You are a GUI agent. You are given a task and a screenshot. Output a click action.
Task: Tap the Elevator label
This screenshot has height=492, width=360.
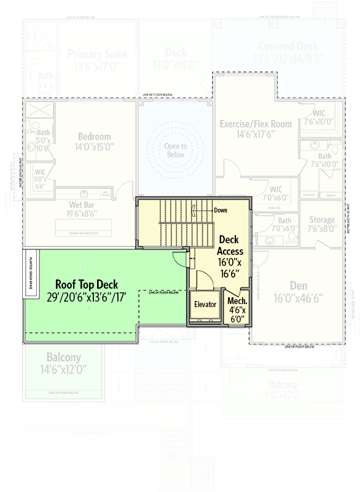pyautogui.click(x=205, y=304)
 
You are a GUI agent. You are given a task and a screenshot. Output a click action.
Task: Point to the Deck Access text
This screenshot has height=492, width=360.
pyautogui.click(x=230, y=245)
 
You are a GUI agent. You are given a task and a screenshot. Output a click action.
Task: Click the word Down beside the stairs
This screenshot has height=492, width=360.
pyautogui.click(x=220, y=210)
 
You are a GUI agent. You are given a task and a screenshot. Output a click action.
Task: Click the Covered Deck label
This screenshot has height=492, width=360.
pyautogui.click(x=288, y=47)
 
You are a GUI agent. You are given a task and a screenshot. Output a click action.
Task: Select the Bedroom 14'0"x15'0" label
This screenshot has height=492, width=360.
pyautogui.click(x=95, y=136)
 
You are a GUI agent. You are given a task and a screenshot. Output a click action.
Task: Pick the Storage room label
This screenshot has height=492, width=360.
pyautogui.click(x=322, y=219)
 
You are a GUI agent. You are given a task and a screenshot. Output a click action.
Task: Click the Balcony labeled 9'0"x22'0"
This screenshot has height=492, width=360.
pyautogui.click(x=283, y=385)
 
